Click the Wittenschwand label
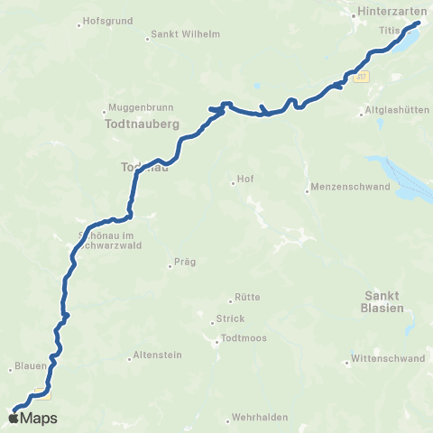tap(389, 358)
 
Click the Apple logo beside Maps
tap(13, 418)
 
